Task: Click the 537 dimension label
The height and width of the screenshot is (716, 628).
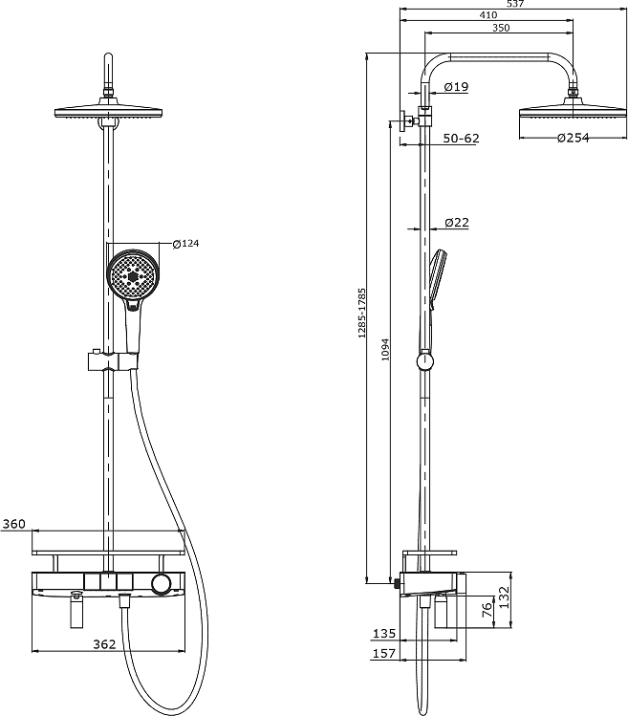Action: (516, 4)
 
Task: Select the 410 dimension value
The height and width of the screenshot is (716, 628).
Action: (487, 15)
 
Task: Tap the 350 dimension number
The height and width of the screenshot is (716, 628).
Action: (501, 28)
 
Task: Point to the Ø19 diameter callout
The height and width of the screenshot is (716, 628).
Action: (456, 86)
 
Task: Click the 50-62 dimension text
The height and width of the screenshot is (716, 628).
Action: (462, 138)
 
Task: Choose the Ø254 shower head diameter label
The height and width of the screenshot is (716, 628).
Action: (574, 138)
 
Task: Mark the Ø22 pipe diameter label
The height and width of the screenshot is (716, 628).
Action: (457, 223)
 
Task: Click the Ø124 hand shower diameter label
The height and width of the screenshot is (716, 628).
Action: (185, 244)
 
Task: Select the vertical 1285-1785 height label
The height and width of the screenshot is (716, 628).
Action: (362, 313)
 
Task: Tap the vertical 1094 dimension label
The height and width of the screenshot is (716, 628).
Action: (385, 349)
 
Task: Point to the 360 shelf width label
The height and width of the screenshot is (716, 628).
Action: (13, 524)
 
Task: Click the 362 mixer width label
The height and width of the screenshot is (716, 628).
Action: (104, 644)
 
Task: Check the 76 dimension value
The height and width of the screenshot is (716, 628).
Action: (487, 610)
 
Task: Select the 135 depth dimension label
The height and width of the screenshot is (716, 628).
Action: (384, 634)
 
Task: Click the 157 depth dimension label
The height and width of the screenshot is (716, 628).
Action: (384, 654)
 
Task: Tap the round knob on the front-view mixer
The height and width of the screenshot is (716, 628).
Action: (161, 584)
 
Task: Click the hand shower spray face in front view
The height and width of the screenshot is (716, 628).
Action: (133, 276)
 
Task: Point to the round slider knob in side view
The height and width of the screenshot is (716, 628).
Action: (425, 361)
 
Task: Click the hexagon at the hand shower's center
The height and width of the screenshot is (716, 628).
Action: (134, 276)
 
